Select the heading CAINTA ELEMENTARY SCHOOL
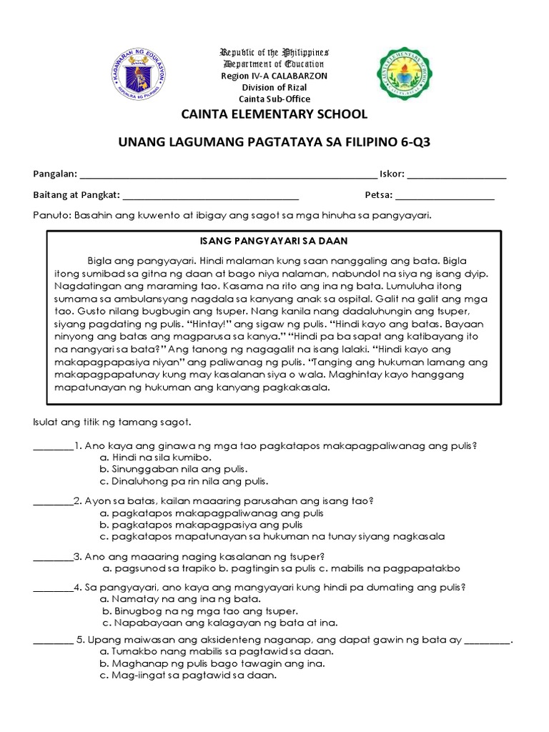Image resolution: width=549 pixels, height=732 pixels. [274, 114]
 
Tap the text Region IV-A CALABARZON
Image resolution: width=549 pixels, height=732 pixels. [274, 75]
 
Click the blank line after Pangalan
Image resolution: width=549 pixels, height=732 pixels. [227, 176]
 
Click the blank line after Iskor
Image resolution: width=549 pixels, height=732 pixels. [457, 176]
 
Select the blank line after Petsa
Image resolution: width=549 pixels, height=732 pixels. [444, 196]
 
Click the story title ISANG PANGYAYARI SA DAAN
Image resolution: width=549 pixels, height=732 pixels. [274, 241]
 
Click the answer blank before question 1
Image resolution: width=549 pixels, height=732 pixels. [54, 445]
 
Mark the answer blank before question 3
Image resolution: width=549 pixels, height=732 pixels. [54, 556]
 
